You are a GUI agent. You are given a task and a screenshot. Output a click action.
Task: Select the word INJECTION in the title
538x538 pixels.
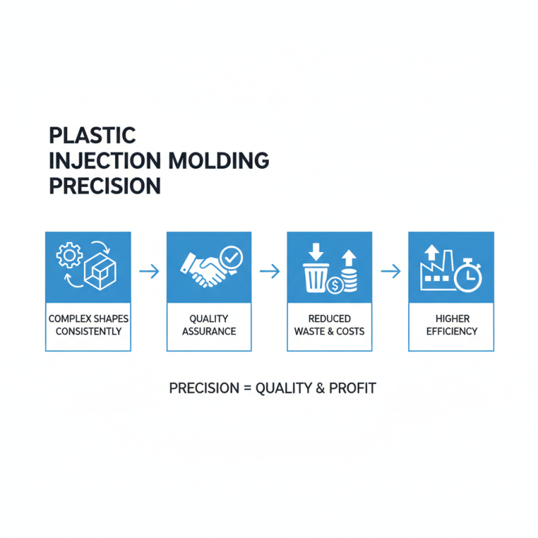pyautogui.click(x=104, y=161)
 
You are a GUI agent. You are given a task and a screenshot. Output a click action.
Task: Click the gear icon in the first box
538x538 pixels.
pyautogui.click(x=69, y=256)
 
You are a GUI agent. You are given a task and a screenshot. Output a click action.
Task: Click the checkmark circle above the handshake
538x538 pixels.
pyautogui.click(x=232, y=256)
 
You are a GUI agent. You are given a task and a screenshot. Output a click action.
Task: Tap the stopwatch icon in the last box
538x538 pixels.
pyautogui.click(x=468, y=276)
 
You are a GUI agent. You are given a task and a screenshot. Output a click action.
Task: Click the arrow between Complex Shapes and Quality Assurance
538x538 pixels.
pyautogui.click(x=149, y=271)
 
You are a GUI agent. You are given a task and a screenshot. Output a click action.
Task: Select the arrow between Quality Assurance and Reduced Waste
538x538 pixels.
pyautogui.click(x=269, y=271)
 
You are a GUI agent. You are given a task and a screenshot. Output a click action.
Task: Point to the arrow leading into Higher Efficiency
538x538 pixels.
pyautogui.click(x=391, y=271)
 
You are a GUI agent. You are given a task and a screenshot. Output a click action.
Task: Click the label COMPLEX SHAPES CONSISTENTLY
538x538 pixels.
pyautogui.click(x=88, y=325)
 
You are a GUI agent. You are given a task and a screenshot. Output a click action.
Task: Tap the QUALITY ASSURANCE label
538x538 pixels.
pyautogui.click(x=209, y=325)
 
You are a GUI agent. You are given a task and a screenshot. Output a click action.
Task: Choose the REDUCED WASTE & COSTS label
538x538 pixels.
pyautogui.click(x=330, y=325)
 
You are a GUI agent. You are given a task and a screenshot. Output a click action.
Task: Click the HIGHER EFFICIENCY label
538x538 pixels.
pyautogui.click(x=451, y=325)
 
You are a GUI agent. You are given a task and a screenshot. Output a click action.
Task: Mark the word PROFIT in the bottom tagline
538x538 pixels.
pyautogui.click(x=352, y=388)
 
